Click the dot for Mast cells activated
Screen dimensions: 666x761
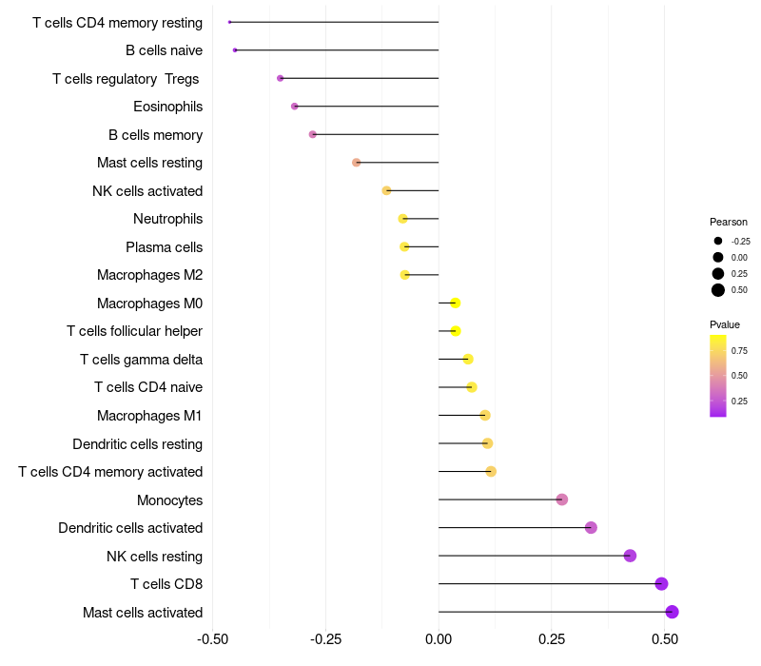coord(672,612)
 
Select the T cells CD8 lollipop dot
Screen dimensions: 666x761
coord(661,584)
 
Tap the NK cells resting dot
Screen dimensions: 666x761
coord(630,556)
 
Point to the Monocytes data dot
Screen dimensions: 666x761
coord(561,499)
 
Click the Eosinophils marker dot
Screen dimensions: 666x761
coord(295,106)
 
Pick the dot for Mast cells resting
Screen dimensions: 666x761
coord(356,163)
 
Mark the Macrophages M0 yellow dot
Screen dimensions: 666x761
coord(455,303)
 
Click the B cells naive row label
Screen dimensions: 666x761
coord(164,50)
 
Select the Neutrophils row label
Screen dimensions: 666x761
coord(167,219)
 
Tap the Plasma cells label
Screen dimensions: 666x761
coord(164,247)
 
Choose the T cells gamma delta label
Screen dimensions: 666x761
coord(141,360)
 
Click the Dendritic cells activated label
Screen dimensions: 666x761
coord(130,528)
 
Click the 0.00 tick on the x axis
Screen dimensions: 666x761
coord(439,638)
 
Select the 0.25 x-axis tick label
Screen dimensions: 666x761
coord(552,638)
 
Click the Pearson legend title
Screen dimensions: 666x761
coord(729,222)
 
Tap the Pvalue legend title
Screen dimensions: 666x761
coord(725,324)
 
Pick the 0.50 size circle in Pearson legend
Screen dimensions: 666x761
coord(718,290)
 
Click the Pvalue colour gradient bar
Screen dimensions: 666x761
coord(718,375)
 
